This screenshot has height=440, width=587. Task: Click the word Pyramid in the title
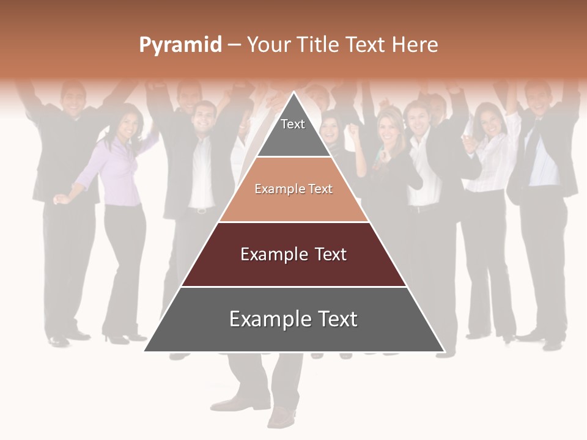coord(180,45)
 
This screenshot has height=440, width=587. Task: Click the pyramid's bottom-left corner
coord(145,351)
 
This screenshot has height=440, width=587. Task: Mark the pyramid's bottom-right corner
coord(444,351)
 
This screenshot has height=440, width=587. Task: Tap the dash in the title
coord(234,45)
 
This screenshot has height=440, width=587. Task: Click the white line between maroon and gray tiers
coord(293,287)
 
